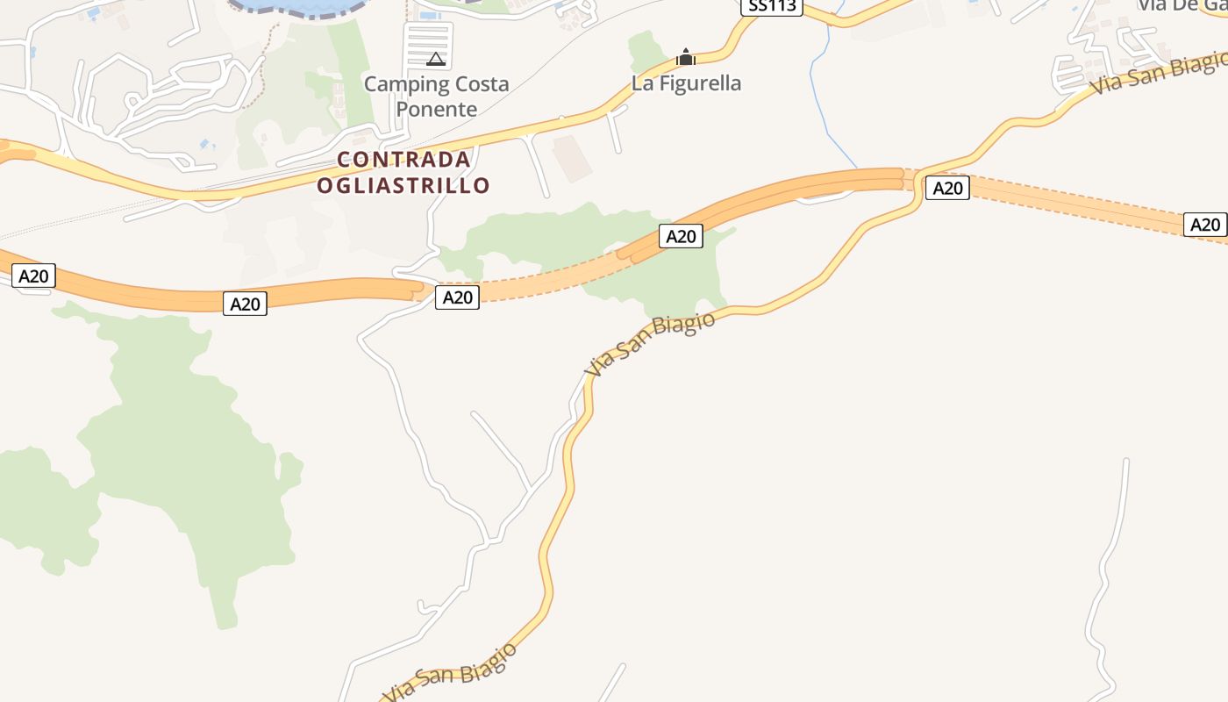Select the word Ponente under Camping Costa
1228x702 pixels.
tap(437, 109)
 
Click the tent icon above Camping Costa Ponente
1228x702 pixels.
tap(435, 59)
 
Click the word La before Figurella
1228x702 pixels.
tap(642, 83)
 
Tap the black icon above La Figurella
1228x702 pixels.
tap(686, 58)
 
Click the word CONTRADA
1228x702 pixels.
tap(404, 160)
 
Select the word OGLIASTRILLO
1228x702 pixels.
tap(403, 185)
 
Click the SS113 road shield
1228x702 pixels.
tap(772, 7)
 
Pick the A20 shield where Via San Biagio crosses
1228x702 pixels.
tap(947, 188)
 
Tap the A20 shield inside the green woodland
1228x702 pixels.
tap(682, 236)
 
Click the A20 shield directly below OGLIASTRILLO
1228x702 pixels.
tap(457, 297)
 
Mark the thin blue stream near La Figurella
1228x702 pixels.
tap(820, 97)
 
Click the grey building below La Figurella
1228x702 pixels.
tap(572, 158)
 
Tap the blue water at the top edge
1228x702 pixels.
tap(298, 5)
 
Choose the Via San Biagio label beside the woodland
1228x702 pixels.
tap(650, 344)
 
